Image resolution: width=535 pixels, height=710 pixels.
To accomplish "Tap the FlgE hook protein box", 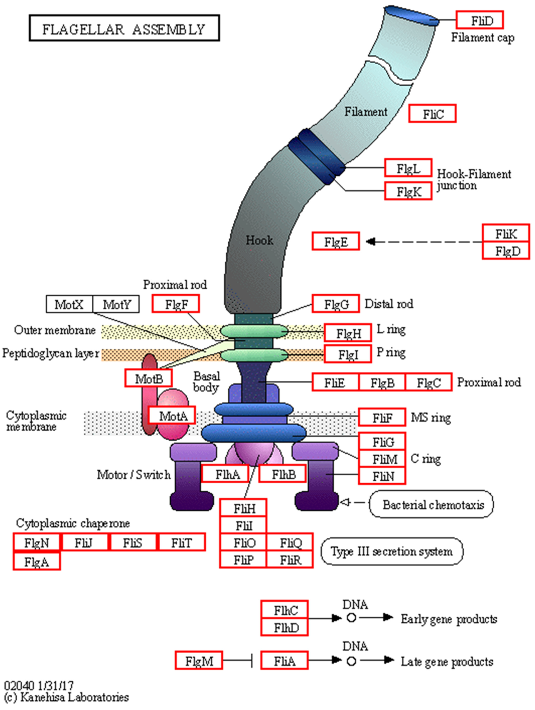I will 335,241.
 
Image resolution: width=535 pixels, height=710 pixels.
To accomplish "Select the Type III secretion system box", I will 392,551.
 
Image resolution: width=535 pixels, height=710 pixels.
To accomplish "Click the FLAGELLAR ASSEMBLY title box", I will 124,28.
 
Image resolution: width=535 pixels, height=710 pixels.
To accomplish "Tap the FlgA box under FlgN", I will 37,561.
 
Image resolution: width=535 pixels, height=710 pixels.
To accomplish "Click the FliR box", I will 290,560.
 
